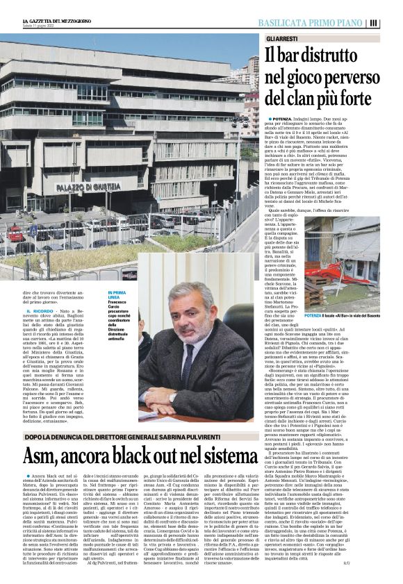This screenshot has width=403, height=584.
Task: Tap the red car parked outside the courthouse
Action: [15, 233]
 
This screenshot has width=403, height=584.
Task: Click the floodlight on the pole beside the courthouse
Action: [239, 125]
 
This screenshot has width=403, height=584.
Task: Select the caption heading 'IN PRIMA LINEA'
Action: [117, 296]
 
